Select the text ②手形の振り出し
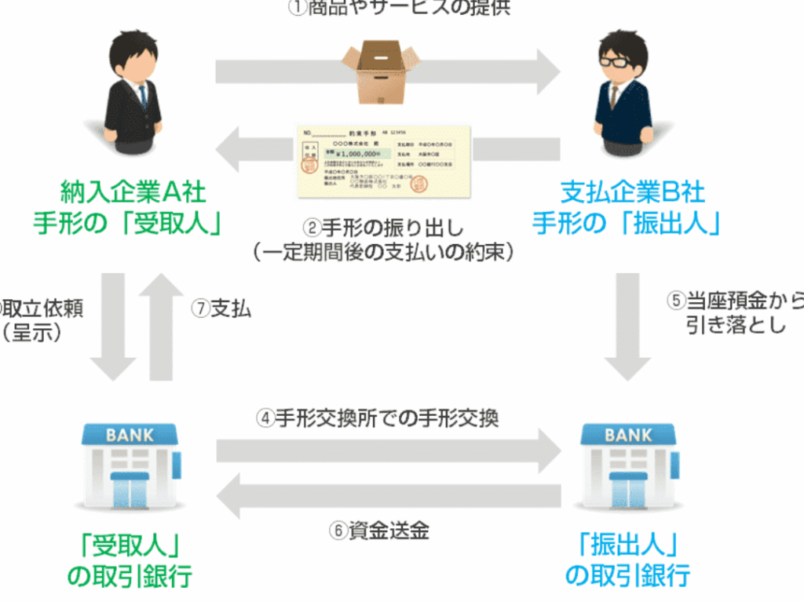[383, 229]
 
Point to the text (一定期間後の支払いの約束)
[383, 252]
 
